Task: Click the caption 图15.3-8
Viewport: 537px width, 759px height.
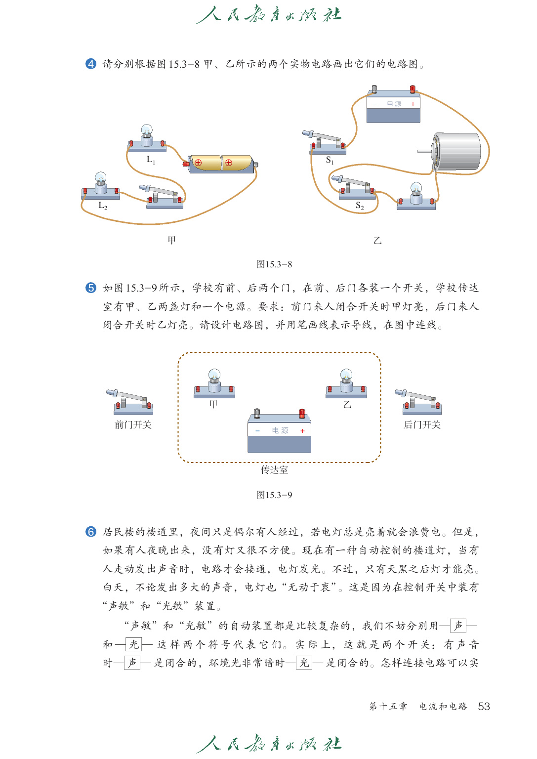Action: click(274, 264)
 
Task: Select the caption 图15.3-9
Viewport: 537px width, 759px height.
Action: click(274, 495)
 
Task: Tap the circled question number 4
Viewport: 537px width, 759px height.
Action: click(91, 64)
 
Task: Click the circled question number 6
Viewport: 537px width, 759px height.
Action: click(91, 532)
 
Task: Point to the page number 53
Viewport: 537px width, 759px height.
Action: click(484, 706)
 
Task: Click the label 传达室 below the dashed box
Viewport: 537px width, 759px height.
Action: click(274, 470)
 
